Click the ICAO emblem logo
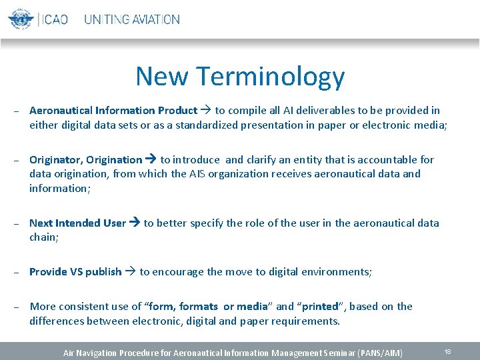[21, 19]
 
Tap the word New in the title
[161, 76]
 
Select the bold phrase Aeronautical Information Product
[113, 111]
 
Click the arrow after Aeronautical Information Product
[206, 111]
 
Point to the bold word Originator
[55, 160]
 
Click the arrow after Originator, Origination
[151, 160]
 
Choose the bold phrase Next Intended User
[77, 223]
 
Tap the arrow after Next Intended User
[134, 223]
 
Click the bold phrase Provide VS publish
[75, 272]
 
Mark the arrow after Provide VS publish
[130, 272]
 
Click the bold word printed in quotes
[320, 307]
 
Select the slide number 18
[447, 351]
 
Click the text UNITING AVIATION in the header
[132, 19]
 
